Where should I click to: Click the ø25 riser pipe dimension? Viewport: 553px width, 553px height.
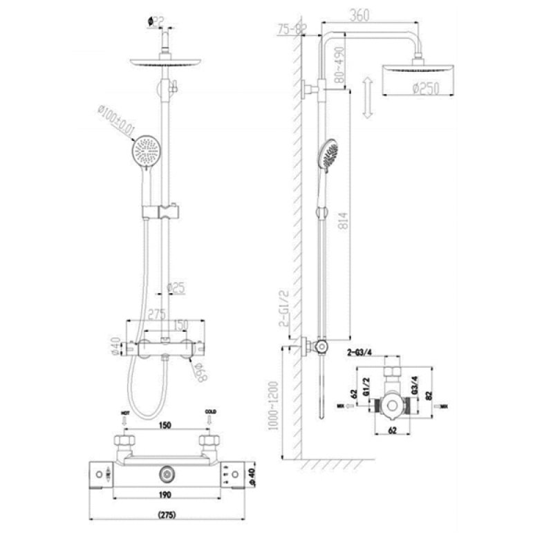(x=177, y=288)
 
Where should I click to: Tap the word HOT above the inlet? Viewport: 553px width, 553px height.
(x=125, y=413)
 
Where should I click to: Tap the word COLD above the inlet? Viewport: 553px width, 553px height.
(x=210, y=413)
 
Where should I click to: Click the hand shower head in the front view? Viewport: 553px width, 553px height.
(x=148, y=151)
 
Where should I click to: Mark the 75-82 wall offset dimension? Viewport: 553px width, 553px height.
(x=291, y=29)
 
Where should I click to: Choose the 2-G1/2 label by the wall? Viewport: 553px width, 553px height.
(x=282, y=308)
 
